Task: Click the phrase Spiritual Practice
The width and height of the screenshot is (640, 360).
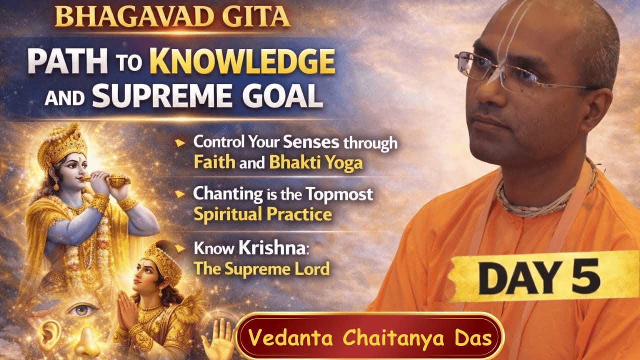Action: [262, 214]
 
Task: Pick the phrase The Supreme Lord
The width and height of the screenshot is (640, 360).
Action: [262, 268]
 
